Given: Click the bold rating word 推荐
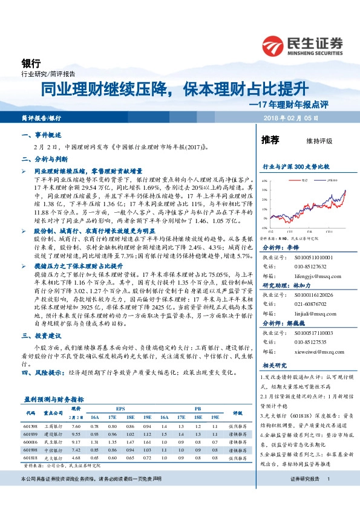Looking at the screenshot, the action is tap(270, 140).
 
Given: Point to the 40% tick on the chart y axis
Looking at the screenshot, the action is tap(264, 181).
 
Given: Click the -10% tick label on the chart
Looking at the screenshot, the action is tap(264, 229).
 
